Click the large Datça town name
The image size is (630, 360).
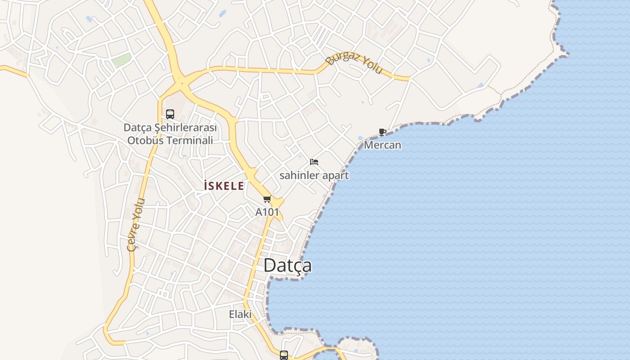click(x=288, y=265)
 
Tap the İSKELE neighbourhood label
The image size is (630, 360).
click(x=224, y=186)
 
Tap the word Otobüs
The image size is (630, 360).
click(x=145, y=140)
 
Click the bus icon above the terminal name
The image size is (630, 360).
click(x=170, y=114)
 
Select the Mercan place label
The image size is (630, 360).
click(x=382, y=145)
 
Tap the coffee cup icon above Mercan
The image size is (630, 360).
click(x=382, y=132)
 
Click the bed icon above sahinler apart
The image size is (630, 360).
click(x=314, y=162)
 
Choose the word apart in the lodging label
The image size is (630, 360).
click(x=337, y=175)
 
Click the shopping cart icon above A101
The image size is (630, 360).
click(x=267, y=199)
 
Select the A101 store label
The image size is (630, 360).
click(x=267, y=212)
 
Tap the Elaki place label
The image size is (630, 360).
click(x=240, y=314)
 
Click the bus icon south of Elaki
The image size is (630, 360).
click(x=284, y=355)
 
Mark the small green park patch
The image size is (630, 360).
click(x=121, y=60)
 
